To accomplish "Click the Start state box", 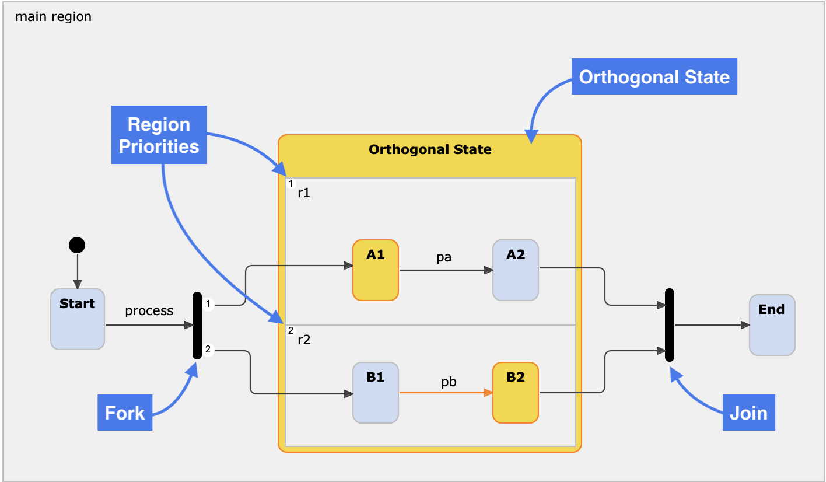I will pos(77,319).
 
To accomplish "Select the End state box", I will pos(772,325).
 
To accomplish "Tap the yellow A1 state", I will pos(375,270).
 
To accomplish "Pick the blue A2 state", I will pos(515,270).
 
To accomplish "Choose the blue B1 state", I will pos(375,393).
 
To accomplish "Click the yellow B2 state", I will pos(515,393).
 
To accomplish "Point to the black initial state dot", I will pos(76,245).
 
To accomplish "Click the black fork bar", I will pos(197,326).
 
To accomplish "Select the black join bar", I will pos(670,325).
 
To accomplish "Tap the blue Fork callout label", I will pos(125,413).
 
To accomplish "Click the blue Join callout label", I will pos(748,413).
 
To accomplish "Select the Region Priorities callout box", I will pos(159,135).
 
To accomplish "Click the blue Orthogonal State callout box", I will pos(654,77).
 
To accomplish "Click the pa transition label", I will pos(444,257).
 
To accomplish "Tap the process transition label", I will pos(149,310).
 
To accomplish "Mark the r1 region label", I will pos(303,193).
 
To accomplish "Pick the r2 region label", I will pos(304,340).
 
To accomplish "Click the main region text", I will pos(53,16).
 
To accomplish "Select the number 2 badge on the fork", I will pos(208,350).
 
